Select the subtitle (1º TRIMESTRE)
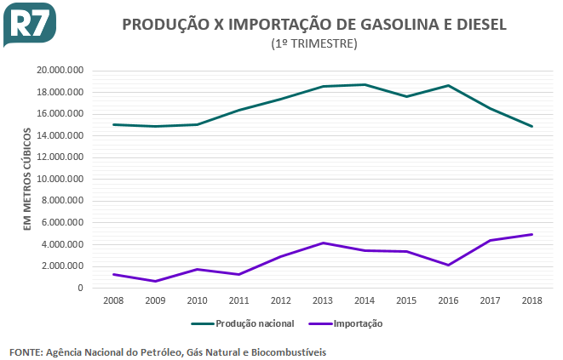[x=313, y=43]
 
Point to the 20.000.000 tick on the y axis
[x=60, y=70]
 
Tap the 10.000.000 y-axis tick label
[x=60, y=179]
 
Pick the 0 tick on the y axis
[x=80, y=288]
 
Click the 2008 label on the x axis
[x=113, y=300]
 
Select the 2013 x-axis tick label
[x=322, y=300]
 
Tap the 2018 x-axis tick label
[x=531, y=300]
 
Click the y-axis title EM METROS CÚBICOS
[x=26, y=179]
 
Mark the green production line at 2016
[x=447, y=85]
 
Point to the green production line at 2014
[x=364, y=84]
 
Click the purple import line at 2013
[x=322, y=243]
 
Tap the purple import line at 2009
[x=155, y=281]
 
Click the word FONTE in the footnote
[x=26, y=351]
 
